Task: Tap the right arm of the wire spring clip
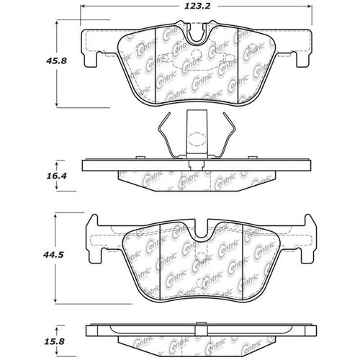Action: pyautogui.click(x=229, y=137)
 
